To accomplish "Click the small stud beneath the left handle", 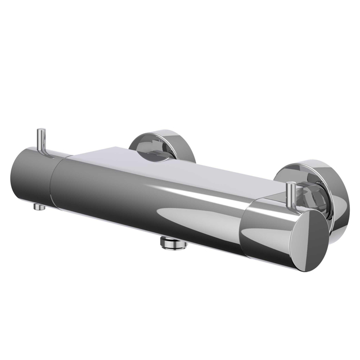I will coord(39,206).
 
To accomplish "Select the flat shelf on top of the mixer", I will coord(169,163).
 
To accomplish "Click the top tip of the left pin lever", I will coord(41,131).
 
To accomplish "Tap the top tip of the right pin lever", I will coord(291,184).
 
